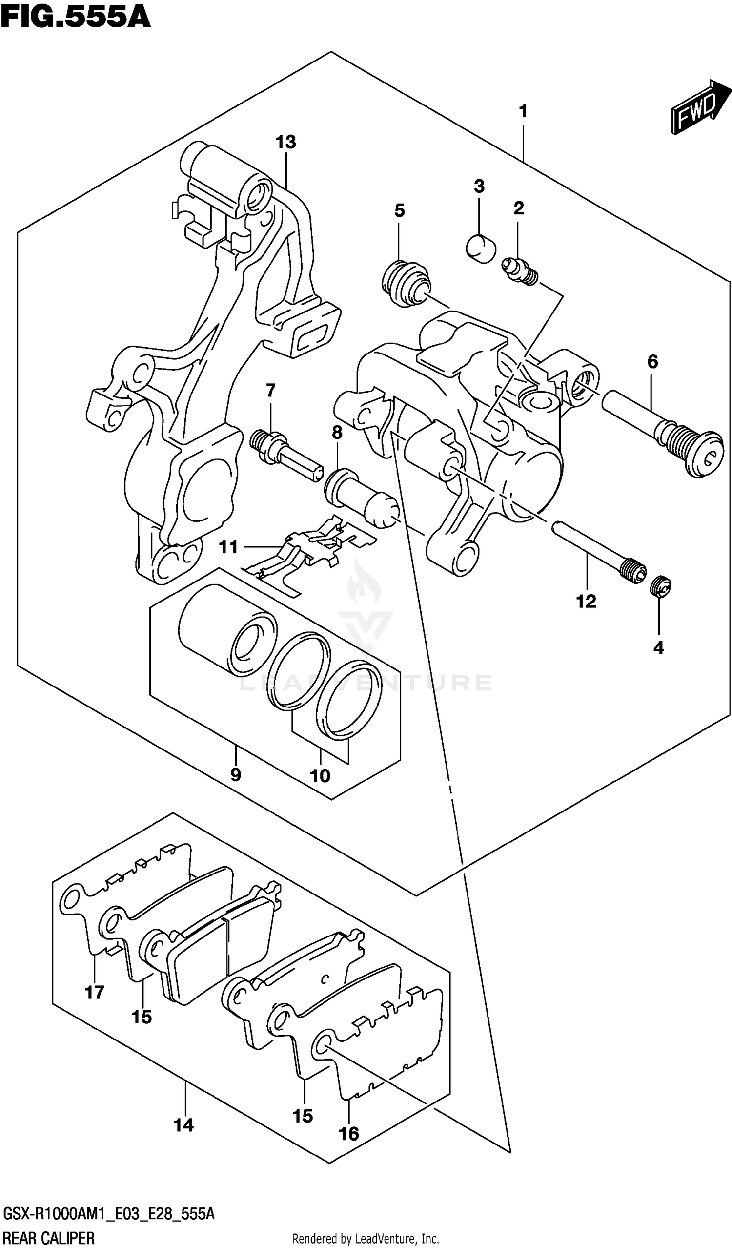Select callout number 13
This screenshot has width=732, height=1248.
click(x=285, y=143)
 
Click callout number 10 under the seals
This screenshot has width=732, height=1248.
click(x=320, y=775)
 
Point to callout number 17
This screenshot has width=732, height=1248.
click(x=94, y=992)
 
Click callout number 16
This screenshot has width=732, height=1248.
click(x=348, y=1134)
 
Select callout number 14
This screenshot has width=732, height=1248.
click(x=183, y=1125)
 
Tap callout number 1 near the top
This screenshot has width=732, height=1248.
click(x=523, y=112)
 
